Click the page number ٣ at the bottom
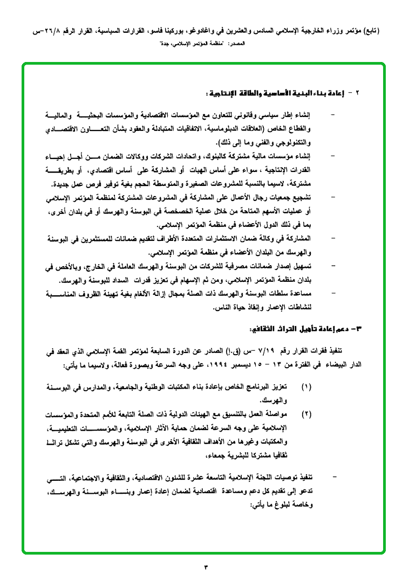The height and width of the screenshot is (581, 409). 205,566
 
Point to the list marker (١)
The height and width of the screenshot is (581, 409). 306,387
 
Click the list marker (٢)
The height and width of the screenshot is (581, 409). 306,414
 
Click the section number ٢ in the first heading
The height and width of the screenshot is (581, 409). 357,93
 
